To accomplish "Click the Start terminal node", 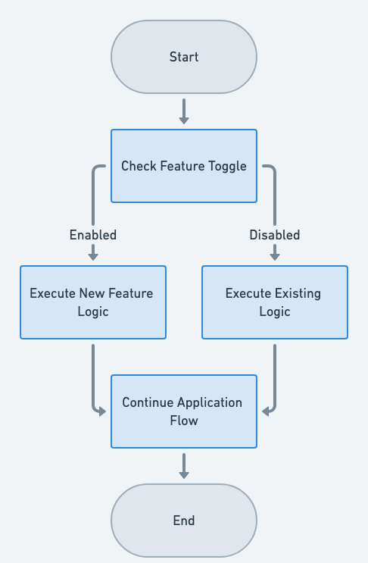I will click(184, 57).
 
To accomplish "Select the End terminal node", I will click(184, 521).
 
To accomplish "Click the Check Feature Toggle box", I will click(184, 166).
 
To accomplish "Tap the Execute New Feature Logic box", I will click(92, 302).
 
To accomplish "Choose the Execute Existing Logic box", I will click(274, 302).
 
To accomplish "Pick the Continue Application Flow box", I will click(184, 411).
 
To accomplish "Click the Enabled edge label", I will click(93, 235).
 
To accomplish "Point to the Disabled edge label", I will click(275, 235).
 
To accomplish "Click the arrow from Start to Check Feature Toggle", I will click(184, 111).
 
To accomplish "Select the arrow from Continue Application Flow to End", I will click(184, 465).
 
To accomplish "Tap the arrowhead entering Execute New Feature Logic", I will click(93, 257).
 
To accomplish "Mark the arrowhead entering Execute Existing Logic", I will click(275, 257).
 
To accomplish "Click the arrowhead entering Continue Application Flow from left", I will click(102, 411).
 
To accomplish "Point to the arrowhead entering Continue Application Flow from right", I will click(266, 411).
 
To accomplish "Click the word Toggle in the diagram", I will click(228, 166).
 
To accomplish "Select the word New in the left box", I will click(91, 293).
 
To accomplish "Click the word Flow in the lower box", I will click(184, 421).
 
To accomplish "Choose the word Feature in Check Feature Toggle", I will click(182, 166).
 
